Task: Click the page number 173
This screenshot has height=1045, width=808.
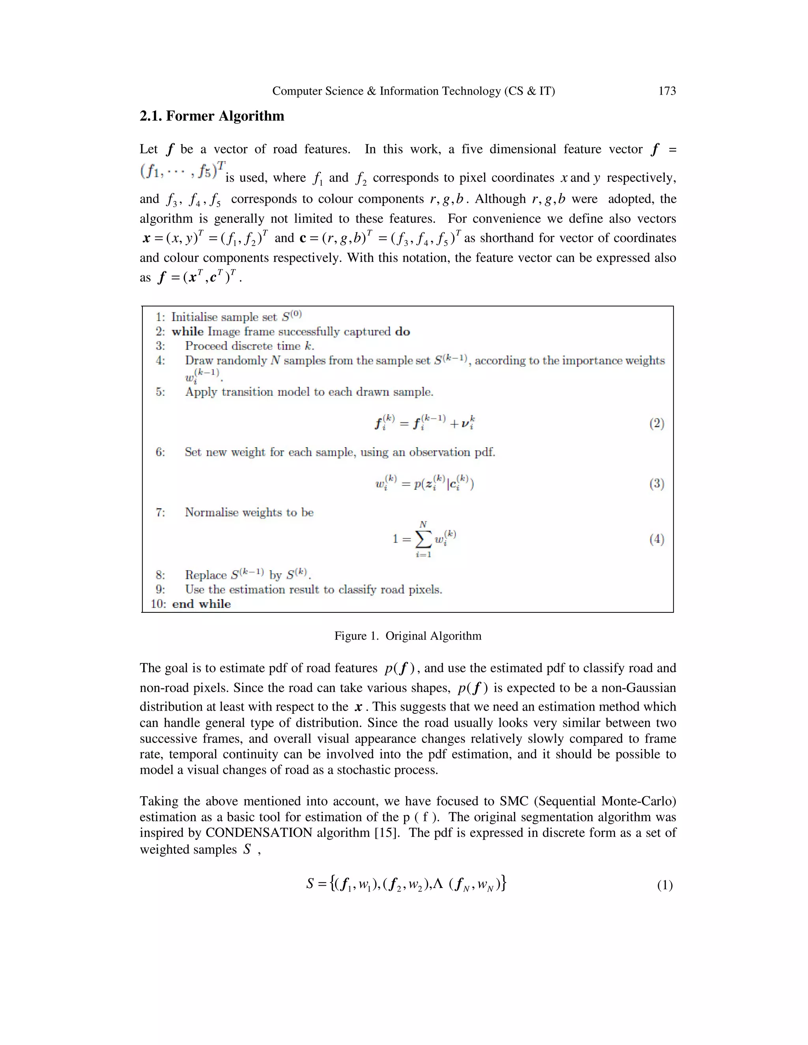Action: (x=667, y=91)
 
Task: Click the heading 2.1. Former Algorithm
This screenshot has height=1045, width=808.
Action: (x=211, y=116)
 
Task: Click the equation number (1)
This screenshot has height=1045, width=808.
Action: (x=664, y=885)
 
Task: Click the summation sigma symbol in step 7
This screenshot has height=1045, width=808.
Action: (x=423, y=539)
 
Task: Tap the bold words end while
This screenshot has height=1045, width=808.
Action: (x=201, y=604)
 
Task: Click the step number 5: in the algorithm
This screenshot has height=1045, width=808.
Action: (x=160, y=392)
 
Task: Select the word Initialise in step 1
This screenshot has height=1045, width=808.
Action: (x=194, y=317)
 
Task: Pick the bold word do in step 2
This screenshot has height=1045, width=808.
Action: (x=402, y=332)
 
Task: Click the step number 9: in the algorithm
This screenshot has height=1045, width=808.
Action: (x=160, y=590)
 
